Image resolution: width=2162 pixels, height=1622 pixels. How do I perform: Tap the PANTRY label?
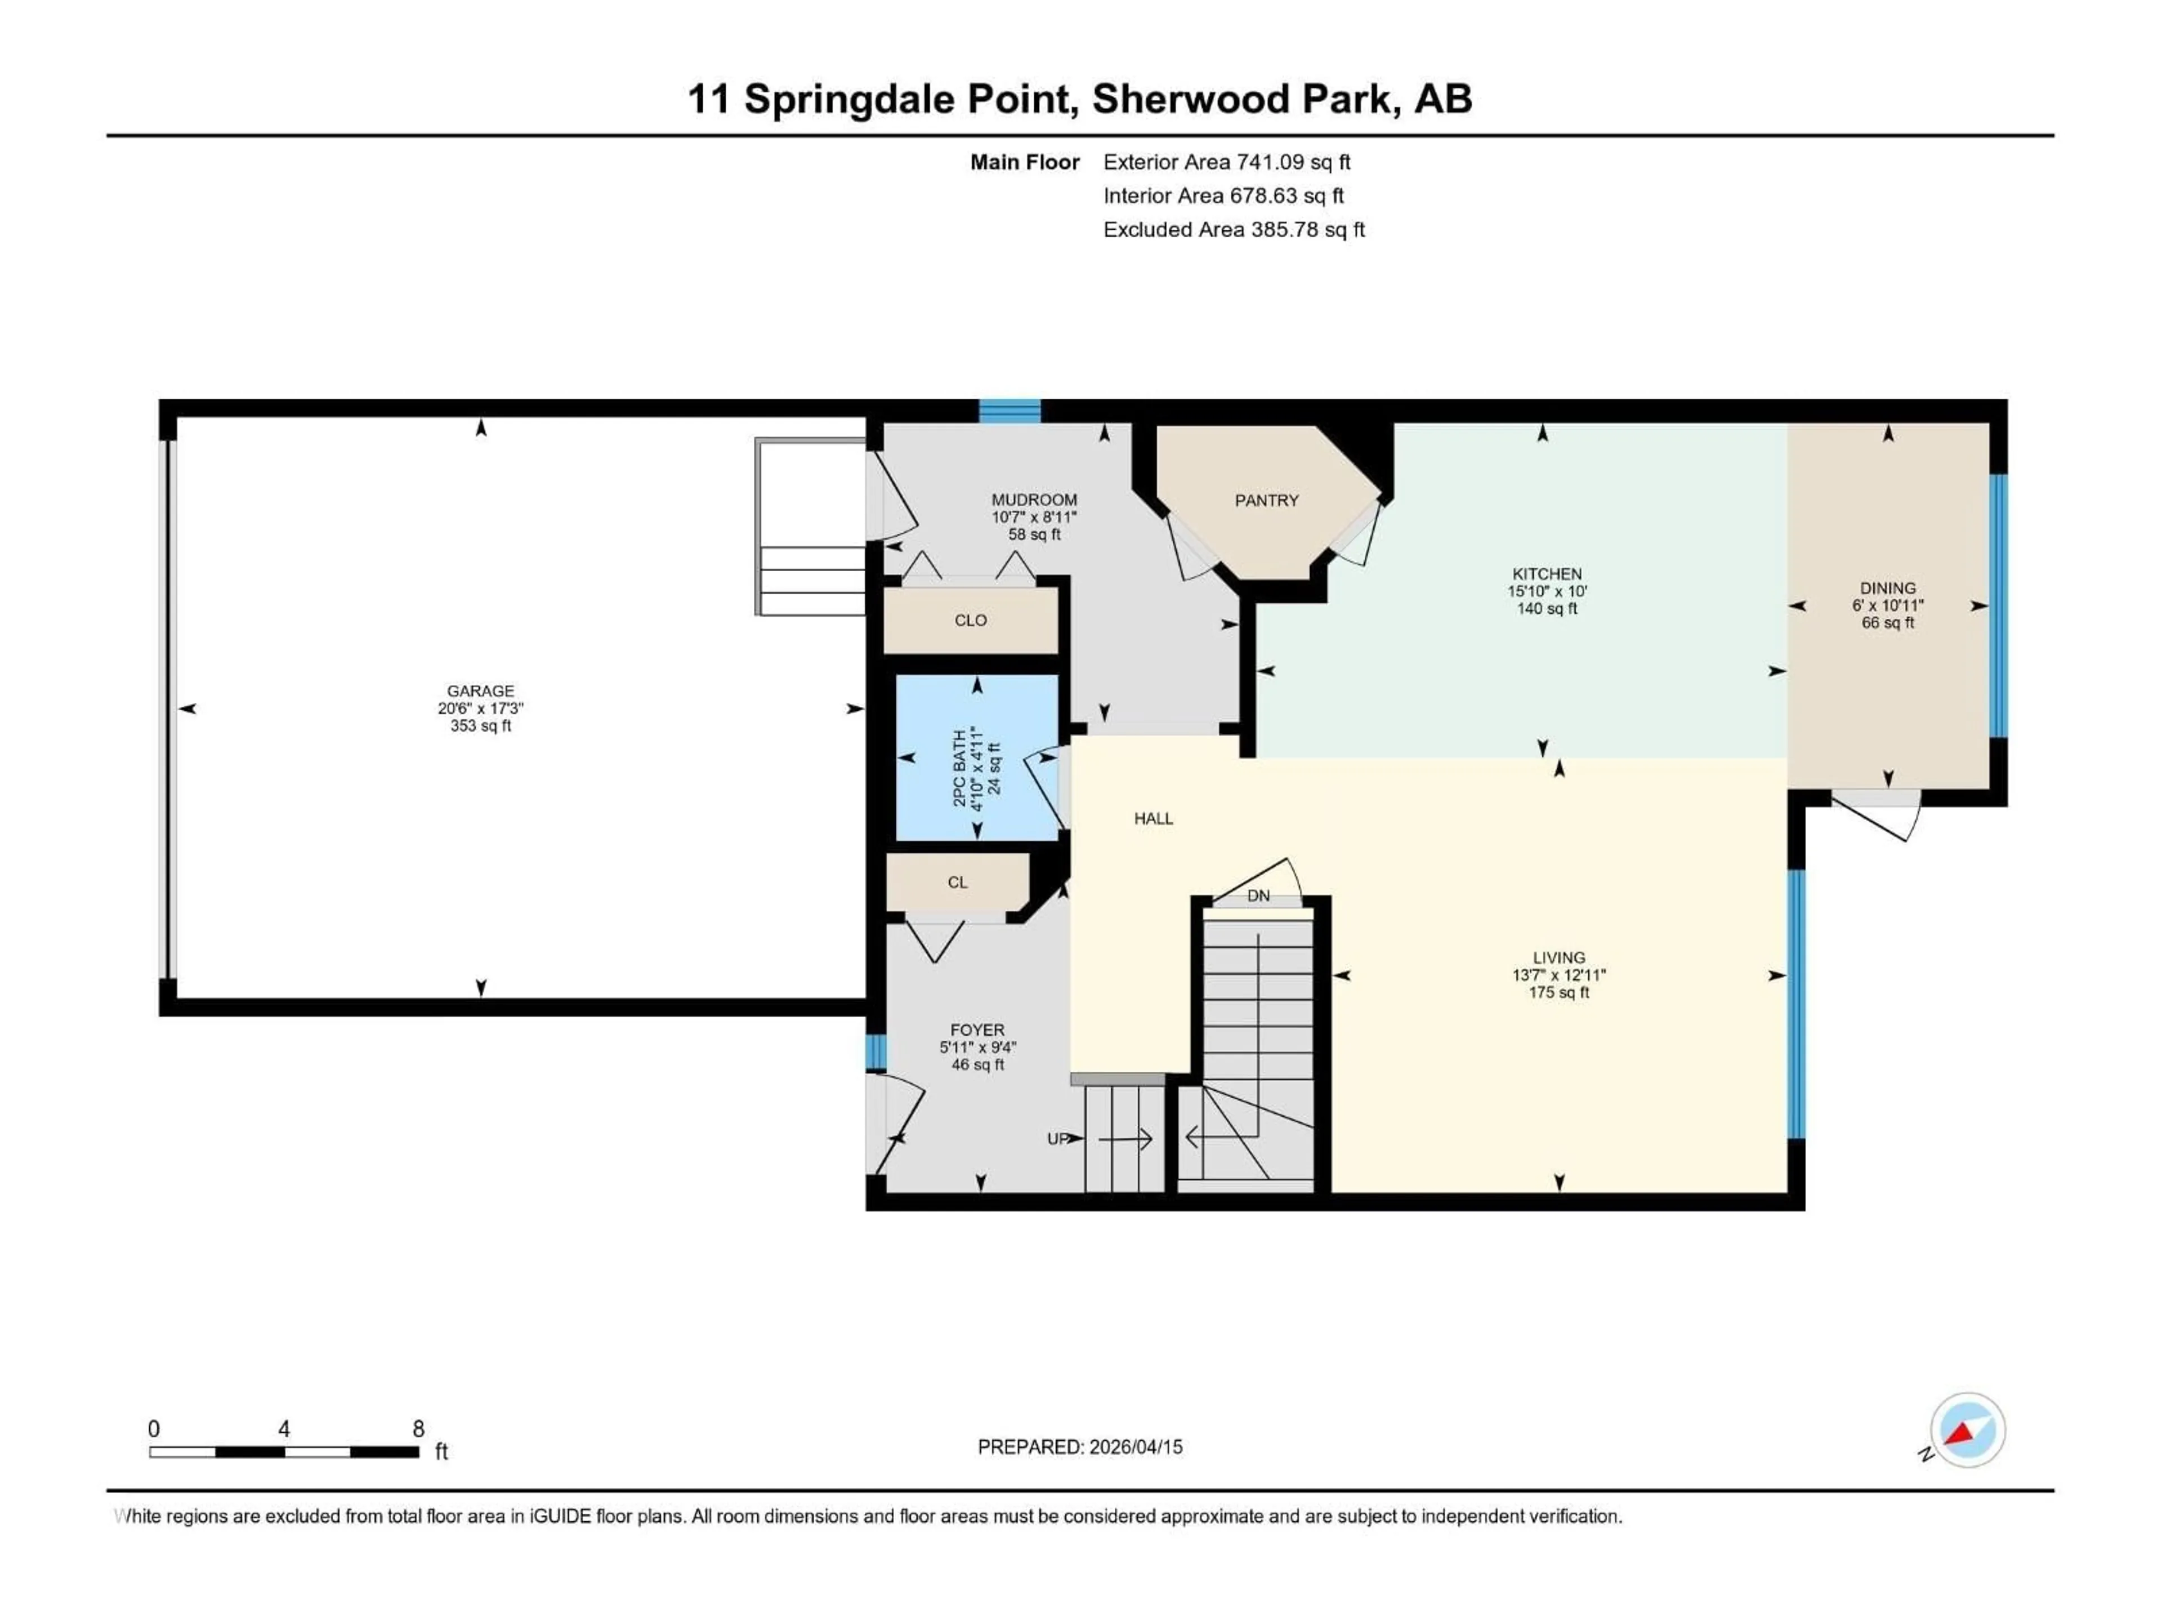(x=1267, y=501)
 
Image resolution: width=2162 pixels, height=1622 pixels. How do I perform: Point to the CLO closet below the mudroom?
(x=971, y=621)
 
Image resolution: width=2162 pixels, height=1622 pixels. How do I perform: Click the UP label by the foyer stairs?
(x=1057, y=1139)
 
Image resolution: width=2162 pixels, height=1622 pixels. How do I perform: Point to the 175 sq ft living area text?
(x=1559, y=992)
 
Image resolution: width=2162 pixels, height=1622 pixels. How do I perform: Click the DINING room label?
(x=1887, y=589)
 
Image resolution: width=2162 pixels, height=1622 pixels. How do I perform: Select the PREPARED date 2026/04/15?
(x=1079, y=1447)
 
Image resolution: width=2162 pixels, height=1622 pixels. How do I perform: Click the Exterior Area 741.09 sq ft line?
(x=1227, y=162)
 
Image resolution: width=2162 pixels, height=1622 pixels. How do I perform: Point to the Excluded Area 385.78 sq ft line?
(x=1234, y=230)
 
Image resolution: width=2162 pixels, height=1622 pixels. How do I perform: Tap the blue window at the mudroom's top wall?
(x=1009, y=412)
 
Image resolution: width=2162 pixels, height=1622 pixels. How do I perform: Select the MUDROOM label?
(x=1034, y=500)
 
